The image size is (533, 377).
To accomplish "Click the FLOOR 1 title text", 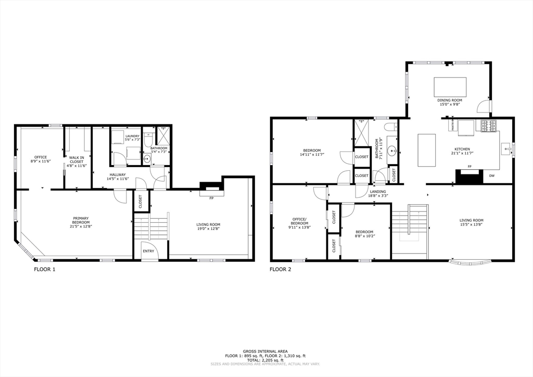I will point(44,269).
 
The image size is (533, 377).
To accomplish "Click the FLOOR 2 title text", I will point(280,269).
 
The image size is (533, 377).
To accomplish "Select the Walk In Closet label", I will point(77,159).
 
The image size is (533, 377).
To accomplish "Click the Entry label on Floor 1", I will point(148,251).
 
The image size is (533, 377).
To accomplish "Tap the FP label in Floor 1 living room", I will point(211,198).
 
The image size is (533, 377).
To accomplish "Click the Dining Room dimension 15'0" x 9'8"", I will point(450,104).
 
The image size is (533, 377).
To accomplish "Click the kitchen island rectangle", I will point(426,150).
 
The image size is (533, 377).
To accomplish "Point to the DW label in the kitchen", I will point(492,176).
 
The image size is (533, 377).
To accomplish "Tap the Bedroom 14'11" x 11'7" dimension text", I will point(312,155).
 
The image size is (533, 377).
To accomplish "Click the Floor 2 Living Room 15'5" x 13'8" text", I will point(471,224).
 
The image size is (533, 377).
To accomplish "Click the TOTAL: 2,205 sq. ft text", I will point(265,360).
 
